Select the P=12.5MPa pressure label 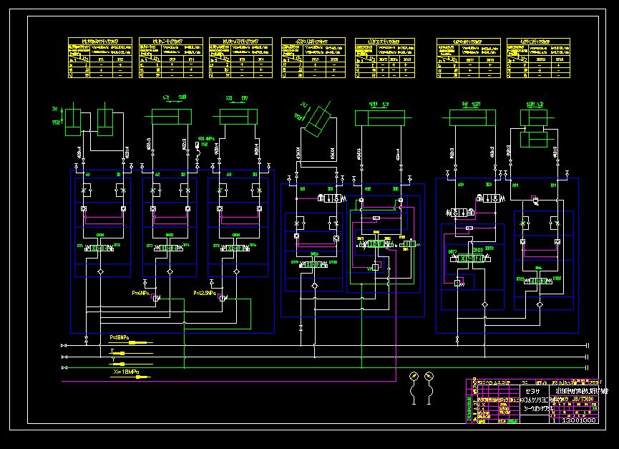pos(206,293)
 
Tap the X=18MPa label pos(125,371)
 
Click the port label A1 pos(87,174)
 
